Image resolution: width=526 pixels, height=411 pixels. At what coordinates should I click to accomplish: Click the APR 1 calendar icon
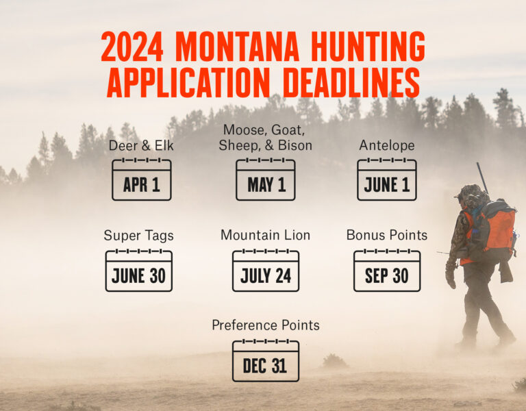click(142, 179)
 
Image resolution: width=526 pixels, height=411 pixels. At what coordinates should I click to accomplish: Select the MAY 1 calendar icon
click(266, 179)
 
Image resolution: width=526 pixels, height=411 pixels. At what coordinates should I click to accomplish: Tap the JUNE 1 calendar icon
click(387, 179)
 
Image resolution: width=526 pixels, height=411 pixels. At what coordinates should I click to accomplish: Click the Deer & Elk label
click(141, 146)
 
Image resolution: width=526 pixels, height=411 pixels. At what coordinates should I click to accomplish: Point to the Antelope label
click(387, 146)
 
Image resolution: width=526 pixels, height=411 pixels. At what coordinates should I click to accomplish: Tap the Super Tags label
click(139, 236)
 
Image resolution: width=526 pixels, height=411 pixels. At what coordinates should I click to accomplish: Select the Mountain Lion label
click(266, 235)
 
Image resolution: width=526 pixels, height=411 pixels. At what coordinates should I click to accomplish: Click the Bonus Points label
click(387, 235)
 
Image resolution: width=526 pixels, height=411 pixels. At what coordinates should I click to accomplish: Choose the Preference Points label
click(266, 325)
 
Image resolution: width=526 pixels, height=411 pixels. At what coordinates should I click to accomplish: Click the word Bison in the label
click(295, 145)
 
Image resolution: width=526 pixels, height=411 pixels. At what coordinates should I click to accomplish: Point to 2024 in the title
click(134, 47)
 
